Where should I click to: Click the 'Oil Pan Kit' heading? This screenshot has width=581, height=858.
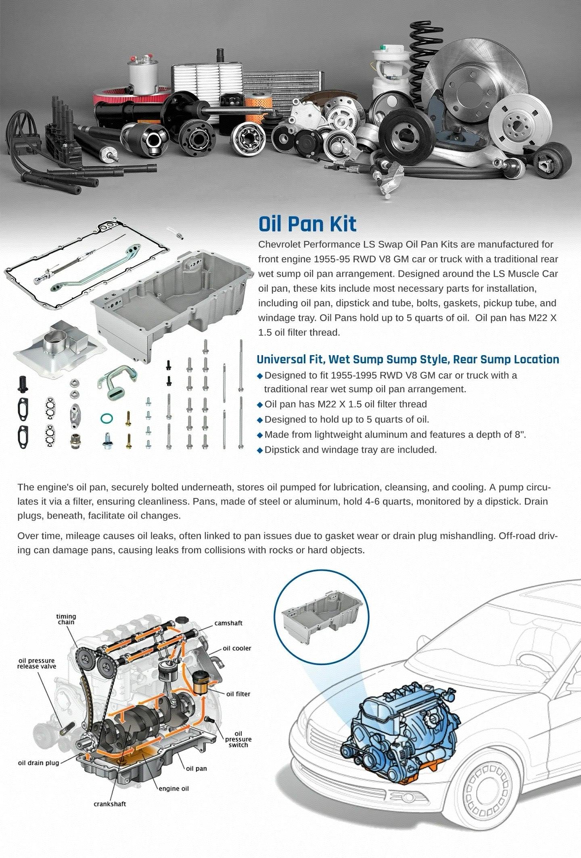coord(307,224)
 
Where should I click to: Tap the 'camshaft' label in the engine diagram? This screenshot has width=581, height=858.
coord(228,623)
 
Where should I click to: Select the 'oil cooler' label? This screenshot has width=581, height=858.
coord(237,648)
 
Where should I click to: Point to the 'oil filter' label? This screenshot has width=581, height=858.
coord(238,694)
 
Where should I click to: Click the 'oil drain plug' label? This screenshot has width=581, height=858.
coord(38,763)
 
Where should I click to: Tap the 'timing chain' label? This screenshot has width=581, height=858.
coord(66,619)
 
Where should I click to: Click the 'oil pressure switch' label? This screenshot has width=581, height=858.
coord(238,739)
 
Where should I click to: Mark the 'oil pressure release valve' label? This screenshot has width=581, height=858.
coord(36,663)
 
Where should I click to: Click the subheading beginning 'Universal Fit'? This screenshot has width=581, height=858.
coord(408,359)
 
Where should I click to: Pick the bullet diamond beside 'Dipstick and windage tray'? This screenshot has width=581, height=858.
coord(260,450)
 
